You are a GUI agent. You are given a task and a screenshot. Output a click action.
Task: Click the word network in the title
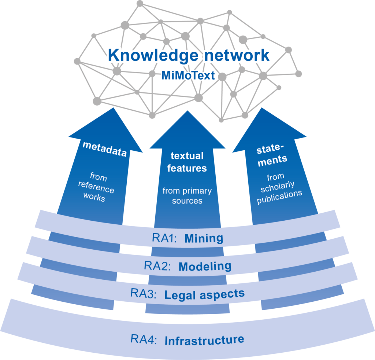pyautogui.click(x=237, y=55)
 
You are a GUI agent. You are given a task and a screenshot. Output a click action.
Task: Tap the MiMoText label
pyautogui.click(x=188, y=76)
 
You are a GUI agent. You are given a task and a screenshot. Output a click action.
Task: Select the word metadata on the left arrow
pyautogui.click(x=104, y=149)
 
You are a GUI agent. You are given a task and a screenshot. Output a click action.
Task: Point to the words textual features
pyautogui.click(x=187, y=162)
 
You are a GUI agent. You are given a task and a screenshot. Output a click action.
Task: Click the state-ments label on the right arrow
pyautogui.click(x=271, y=155)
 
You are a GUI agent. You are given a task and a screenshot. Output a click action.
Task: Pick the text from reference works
pyautogui.click(x=96, y=187)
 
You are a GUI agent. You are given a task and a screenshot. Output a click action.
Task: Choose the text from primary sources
pyautogui.click(x=187, y=195)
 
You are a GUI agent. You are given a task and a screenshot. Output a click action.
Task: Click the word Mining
pyautogui.click(x=204, y=238)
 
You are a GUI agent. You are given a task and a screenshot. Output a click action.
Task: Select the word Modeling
pyautogui.click(x=205, y=267)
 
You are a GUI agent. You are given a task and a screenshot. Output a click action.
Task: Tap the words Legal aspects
pyautogui.click(x=204, y=295)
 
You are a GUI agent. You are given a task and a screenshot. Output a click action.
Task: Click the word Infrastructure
pyautogui.click(x=204, y=340)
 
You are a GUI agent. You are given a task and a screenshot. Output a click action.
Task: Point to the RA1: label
pyautogui.click(x=164, y=238)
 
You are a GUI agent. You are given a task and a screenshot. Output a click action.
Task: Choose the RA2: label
pyautogui.click(x=157, y=266)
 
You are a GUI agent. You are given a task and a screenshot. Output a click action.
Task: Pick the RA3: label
pyautogui.click(x=143, y=293)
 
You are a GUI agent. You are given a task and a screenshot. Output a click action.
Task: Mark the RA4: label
pyautogui.click(x=144, y=339)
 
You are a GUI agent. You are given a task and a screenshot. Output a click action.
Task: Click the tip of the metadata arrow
pyautogui.click(x=113, y=108)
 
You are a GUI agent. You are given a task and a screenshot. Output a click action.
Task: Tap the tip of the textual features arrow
pyautogui.click(x=187, y=111)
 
